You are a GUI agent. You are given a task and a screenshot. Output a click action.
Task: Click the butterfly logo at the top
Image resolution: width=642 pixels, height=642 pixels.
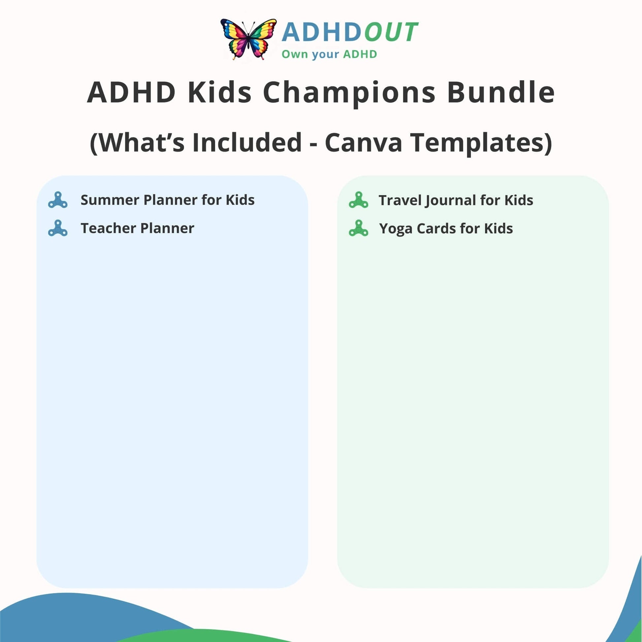pos(248,39)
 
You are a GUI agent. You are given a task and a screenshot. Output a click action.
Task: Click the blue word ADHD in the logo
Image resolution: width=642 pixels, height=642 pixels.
pos(321,32)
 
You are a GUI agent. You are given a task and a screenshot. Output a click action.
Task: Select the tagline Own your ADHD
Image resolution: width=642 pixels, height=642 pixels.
pos(329,54)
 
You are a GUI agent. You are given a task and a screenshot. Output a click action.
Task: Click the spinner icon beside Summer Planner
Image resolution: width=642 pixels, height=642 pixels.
pos(58,200)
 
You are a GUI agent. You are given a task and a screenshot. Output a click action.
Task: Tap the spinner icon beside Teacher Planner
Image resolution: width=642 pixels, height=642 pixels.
pos(58,228)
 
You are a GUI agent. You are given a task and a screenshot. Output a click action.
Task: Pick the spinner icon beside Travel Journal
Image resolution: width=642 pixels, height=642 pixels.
pos(359,200)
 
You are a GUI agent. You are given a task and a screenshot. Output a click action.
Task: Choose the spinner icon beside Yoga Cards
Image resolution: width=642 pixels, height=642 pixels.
pos(359,228)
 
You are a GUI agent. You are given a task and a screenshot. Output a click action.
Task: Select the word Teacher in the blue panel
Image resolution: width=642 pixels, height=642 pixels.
pos(108,228)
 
